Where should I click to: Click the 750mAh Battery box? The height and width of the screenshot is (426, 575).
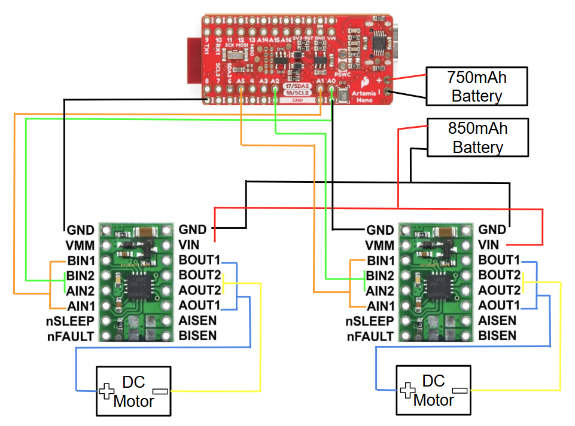476,86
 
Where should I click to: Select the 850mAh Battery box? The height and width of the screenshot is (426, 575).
476,137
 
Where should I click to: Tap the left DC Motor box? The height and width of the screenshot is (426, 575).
133,391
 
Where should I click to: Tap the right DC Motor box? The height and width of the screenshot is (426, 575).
433,391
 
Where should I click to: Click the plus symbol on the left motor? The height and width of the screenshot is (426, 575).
107,391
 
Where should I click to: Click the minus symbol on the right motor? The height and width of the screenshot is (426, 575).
460,390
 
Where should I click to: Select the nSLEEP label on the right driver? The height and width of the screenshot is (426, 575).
370,321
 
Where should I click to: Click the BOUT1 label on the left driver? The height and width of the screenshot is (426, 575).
199,260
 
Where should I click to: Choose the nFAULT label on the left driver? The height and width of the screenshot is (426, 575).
71,336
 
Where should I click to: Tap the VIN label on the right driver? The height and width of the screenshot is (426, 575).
489,244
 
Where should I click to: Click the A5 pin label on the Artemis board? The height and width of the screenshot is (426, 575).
241,81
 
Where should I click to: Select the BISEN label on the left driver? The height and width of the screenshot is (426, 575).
197,335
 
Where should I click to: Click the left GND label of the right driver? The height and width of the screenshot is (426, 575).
380,230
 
